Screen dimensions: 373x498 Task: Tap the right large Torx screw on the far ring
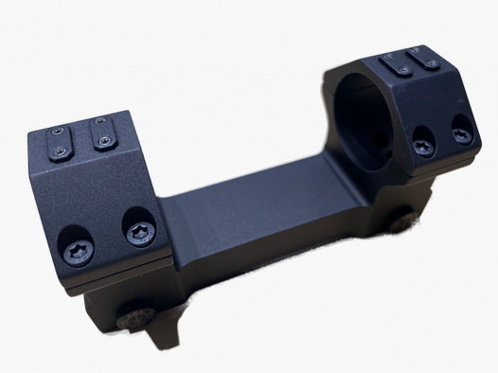click(x=461, y=135)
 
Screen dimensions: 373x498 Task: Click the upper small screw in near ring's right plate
click(x=98, y=124)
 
